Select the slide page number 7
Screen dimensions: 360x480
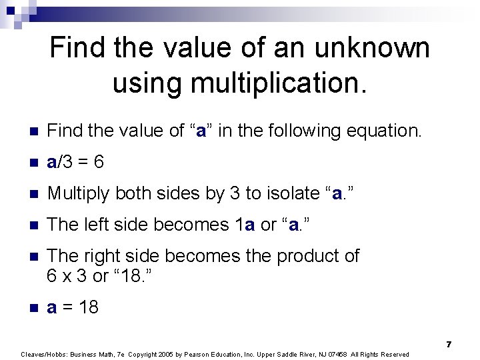pos(449,344)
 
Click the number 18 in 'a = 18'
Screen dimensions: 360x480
pos(88,307)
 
